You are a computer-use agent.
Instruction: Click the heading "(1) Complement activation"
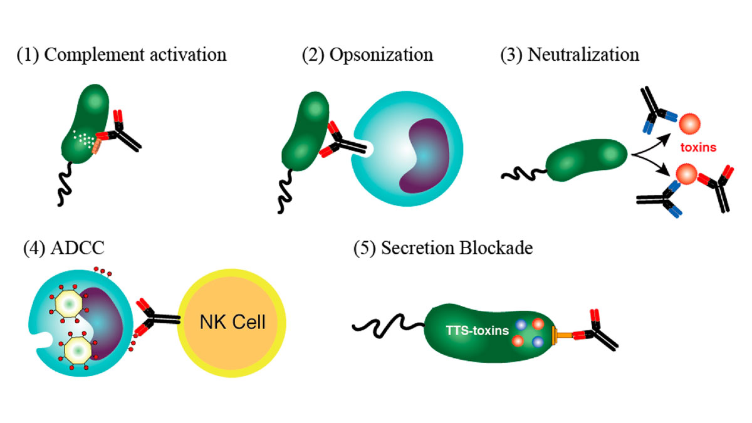[122, 55]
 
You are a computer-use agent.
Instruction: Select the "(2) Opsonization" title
[367, 55]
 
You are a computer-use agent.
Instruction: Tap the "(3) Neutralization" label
[570, 55]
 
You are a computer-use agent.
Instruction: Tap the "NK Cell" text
[232, 323]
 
